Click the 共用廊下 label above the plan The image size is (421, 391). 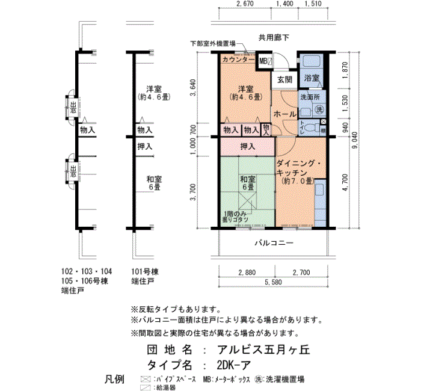pos(274,37)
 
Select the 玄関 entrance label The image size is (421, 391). pos(284,79)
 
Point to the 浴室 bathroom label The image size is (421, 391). pos(311,79)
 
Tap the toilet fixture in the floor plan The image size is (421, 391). pos(310,128)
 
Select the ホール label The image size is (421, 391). pos(284,114)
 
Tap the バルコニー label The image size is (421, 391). pos(272,244)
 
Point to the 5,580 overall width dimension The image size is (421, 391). pos(274,282)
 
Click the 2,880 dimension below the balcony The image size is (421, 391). pos(247,272)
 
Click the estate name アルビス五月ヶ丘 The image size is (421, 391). pos(262,350)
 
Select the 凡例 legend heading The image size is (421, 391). pos(114,379)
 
